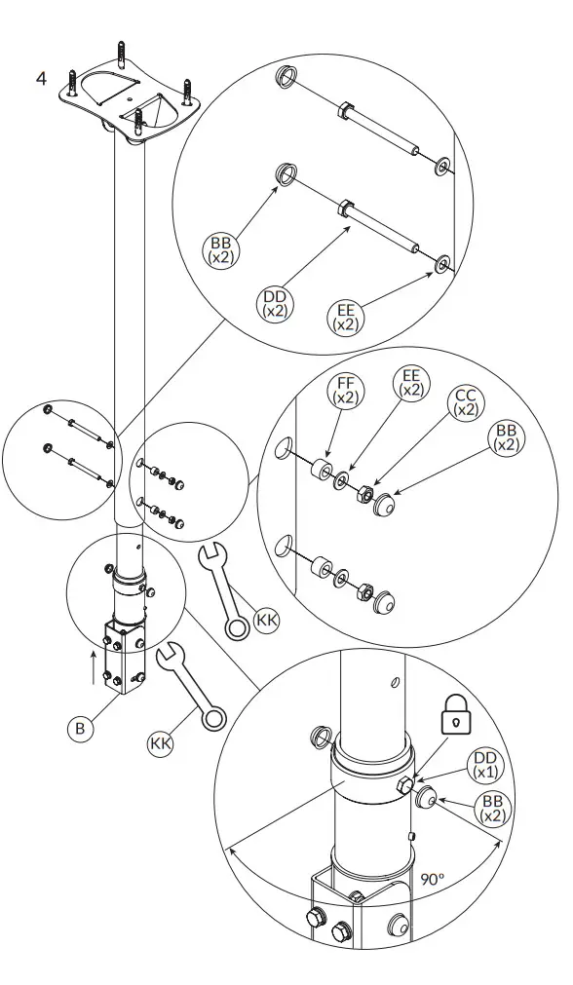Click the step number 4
[x=41, y=78]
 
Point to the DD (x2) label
[x=275, y=303]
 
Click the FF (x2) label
[x=346, y=390]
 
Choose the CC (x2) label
[x=466, y=403]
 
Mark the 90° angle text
[x=432, y=878]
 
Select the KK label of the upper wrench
[x=266, y=620]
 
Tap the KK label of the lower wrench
[x=161, y=743]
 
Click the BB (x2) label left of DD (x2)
[x=221, y=249]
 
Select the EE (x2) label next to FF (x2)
[x=410, y=383]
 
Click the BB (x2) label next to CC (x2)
[x=506, y=437]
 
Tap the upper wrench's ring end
[x=235, y=625]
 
